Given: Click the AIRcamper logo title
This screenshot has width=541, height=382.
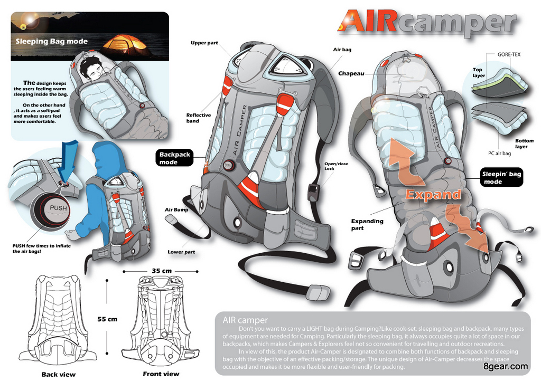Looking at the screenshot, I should pyautogui.click(x=427, y=22).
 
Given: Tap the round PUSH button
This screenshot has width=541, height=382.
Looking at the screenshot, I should pyautogui.click(x=58, y=208).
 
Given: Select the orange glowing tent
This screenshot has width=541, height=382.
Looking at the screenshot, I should pyautogui.click(x=126, y=44).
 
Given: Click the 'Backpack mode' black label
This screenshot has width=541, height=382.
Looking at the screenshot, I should pyautogui.click(x=174, y=158).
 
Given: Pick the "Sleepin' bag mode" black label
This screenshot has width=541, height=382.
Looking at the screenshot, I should pyautogui.click(x=501, y=178).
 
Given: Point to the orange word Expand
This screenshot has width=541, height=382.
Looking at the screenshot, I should pyautogui.click(x=433, y=194).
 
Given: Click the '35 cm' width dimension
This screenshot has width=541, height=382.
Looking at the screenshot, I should pyautogui.click(x=162, y=271).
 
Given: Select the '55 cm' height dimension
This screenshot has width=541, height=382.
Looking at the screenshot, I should pyautogui.click(x=108, y=319).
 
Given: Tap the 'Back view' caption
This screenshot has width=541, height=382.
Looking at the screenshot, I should pyautogui.click(x=58, y=375).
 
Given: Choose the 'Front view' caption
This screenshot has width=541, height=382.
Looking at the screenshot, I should pyautogui.click(x=161, y=374).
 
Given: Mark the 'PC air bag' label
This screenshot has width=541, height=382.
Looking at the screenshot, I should pyautogui.click(x=499, y=154).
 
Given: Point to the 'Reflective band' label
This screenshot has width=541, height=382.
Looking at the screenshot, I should pyautogui.click(x=199, y=118).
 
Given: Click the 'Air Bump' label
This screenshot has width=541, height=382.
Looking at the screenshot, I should pyautogui.click(x=176, y=209).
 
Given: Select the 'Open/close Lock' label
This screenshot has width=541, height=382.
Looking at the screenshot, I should pyautogui.click(x=336, y=166).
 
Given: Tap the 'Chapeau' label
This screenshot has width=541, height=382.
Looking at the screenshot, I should pyautogui.click(x=351, y=73).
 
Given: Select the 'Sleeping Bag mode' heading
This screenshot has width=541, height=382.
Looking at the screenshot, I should pyautogui.click(x=51, y=41).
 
